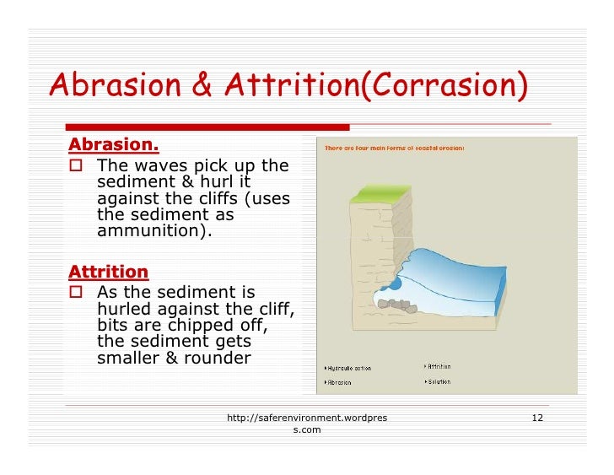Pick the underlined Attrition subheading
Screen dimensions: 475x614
(108, 272)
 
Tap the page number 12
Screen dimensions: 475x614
(537, 418)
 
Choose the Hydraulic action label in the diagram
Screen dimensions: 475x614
(350, 368)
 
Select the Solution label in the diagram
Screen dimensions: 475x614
(439, 381)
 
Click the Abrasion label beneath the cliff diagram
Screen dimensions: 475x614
(341, 382)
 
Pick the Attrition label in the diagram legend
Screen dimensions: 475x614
(439, 367)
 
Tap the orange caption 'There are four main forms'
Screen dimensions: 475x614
(395, 148)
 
